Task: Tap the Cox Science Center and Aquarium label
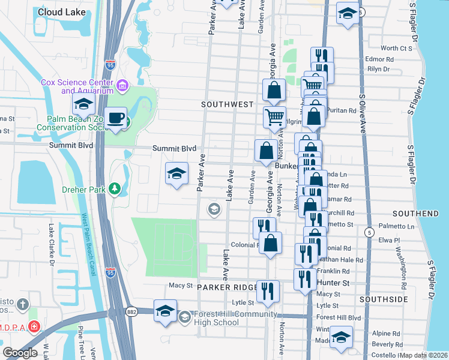(x=76, y=86)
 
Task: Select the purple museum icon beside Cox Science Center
(x=122, y=86)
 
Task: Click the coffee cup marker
(x=115, y=118)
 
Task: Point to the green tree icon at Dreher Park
(x=115, y=190)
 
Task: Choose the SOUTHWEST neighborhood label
(x=227, y=104)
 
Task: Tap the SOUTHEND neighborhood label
(x=415, y=214)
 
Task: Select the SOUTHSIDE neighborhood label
(x=384, y=299)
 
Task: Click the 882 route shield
(x=132, y=310)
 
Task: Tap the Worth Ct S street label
(x=397, y=48)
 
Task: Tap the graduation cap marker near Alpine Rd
(x=341, y=337)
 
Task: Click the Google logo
(x=20, y=353)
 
